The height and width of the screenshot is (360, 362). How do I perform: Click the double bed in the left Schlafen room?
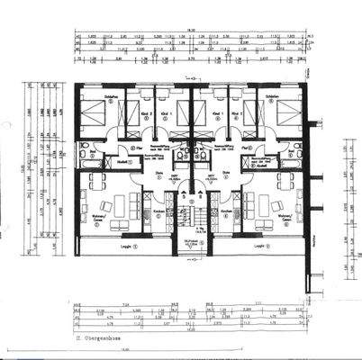click(98, 115)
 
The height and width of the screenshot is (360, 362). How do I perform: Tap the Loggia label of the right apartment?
click(259, 246)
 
